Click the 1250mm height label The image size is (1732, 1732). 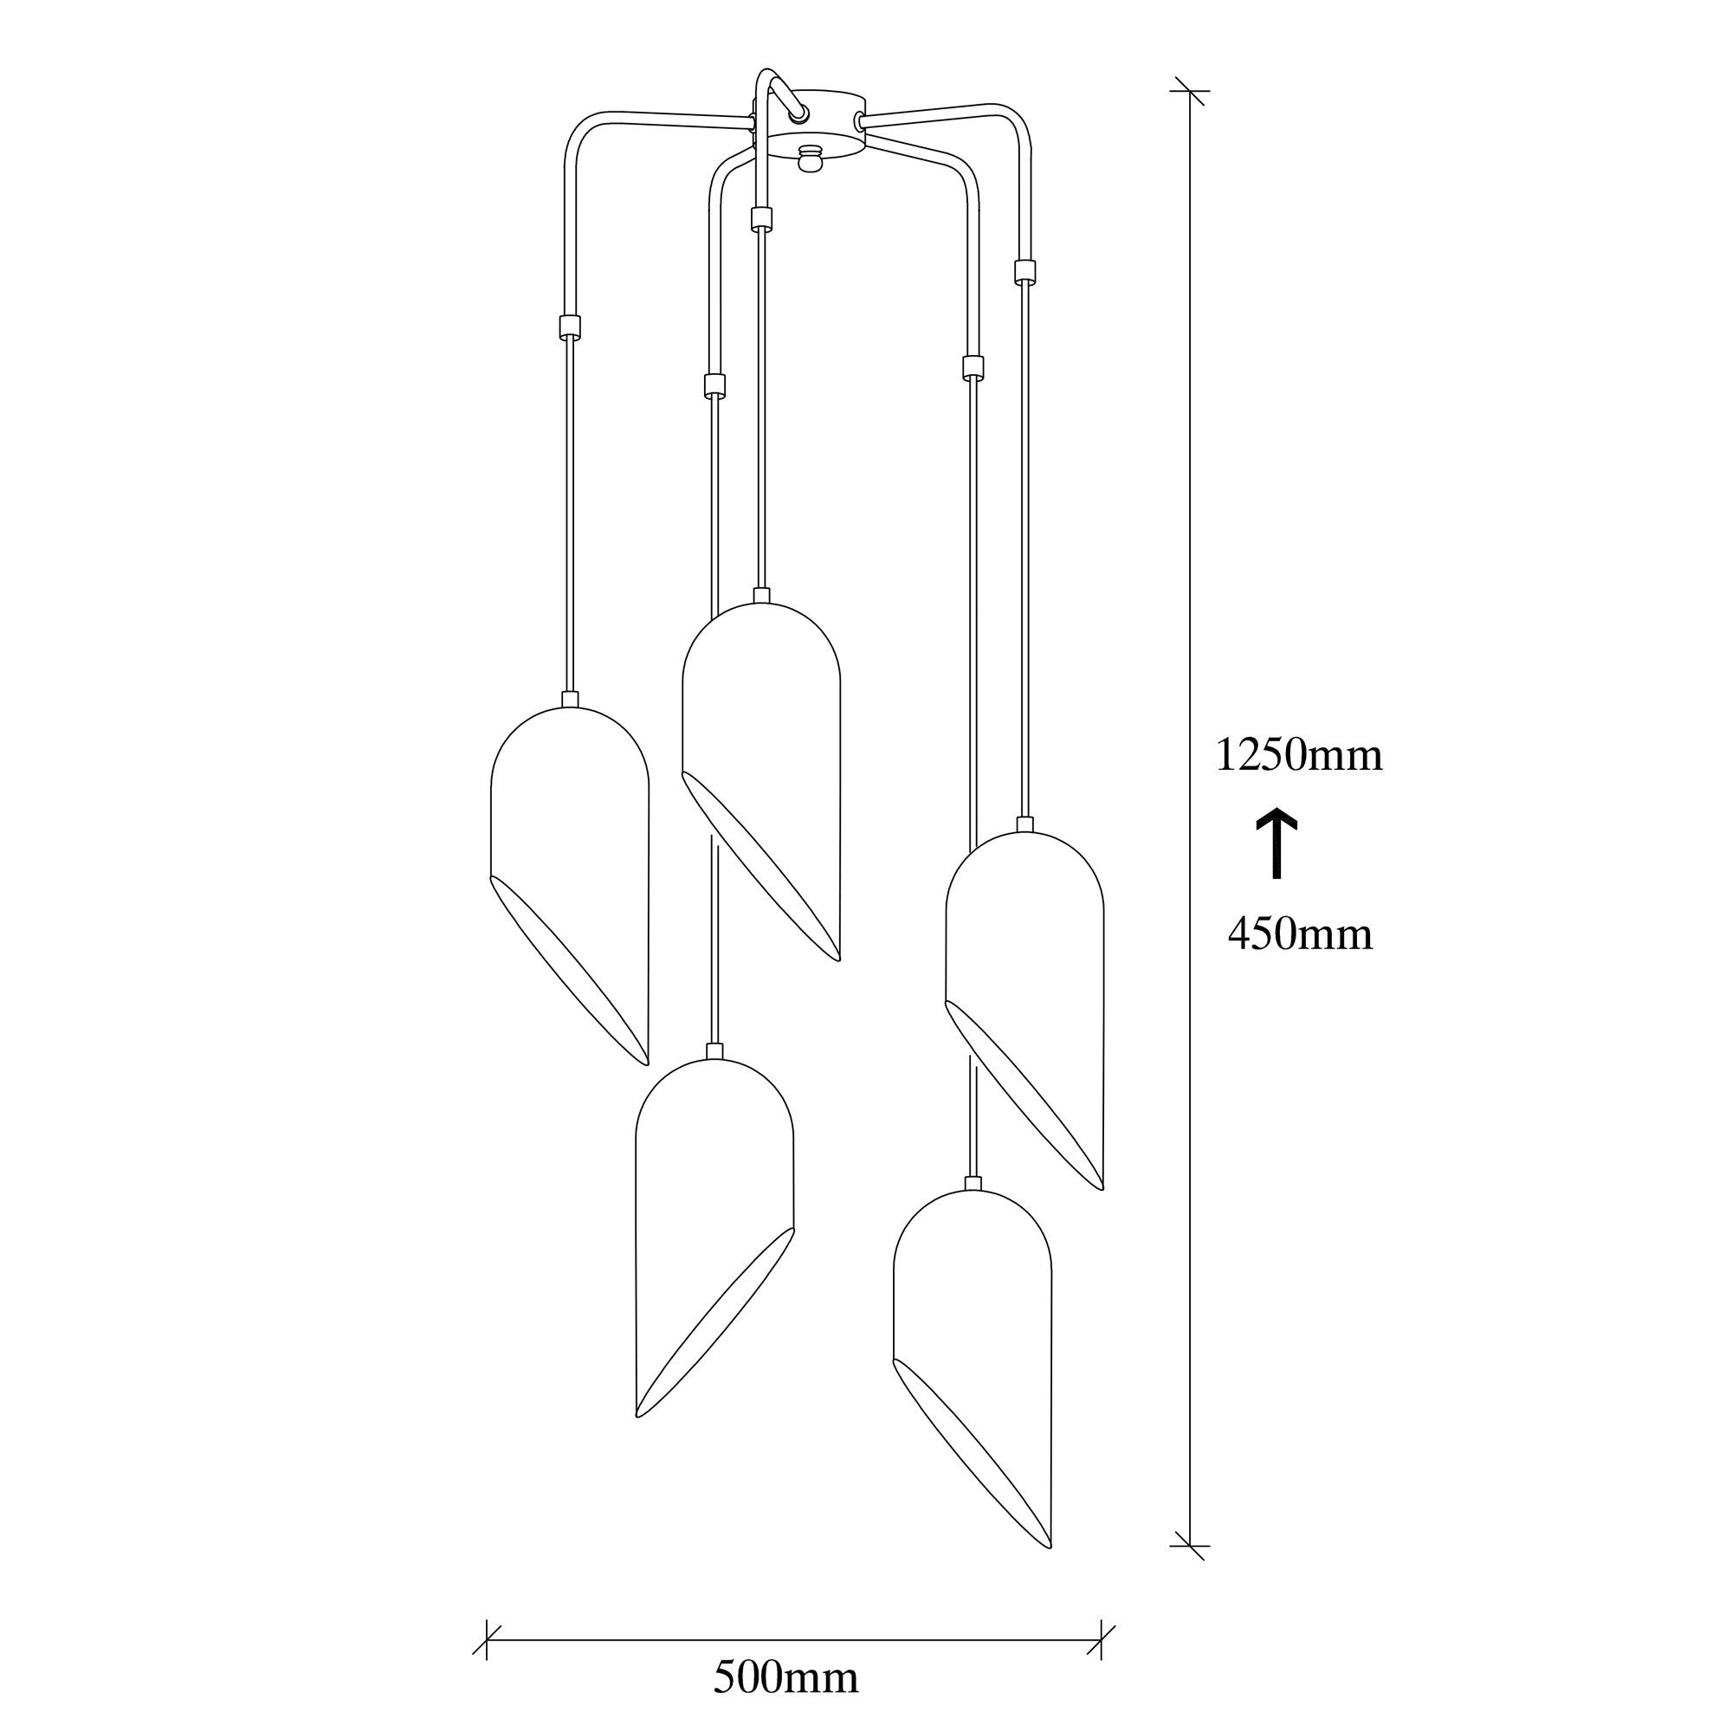coord(1299,756)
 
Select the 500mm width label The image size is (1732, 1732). coord(785,1678)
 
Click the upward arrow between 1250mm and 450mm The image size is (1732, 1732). coord(1276,843)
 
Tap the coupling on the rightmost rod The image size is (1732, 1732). coord(1024,272)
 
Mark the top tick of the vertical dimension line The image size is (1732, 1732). coord(1190,92)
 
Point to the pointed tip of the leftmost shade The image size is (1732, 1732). coord(645,1063)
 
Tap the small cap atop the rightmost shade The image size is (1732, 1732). coord(1025,824)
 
